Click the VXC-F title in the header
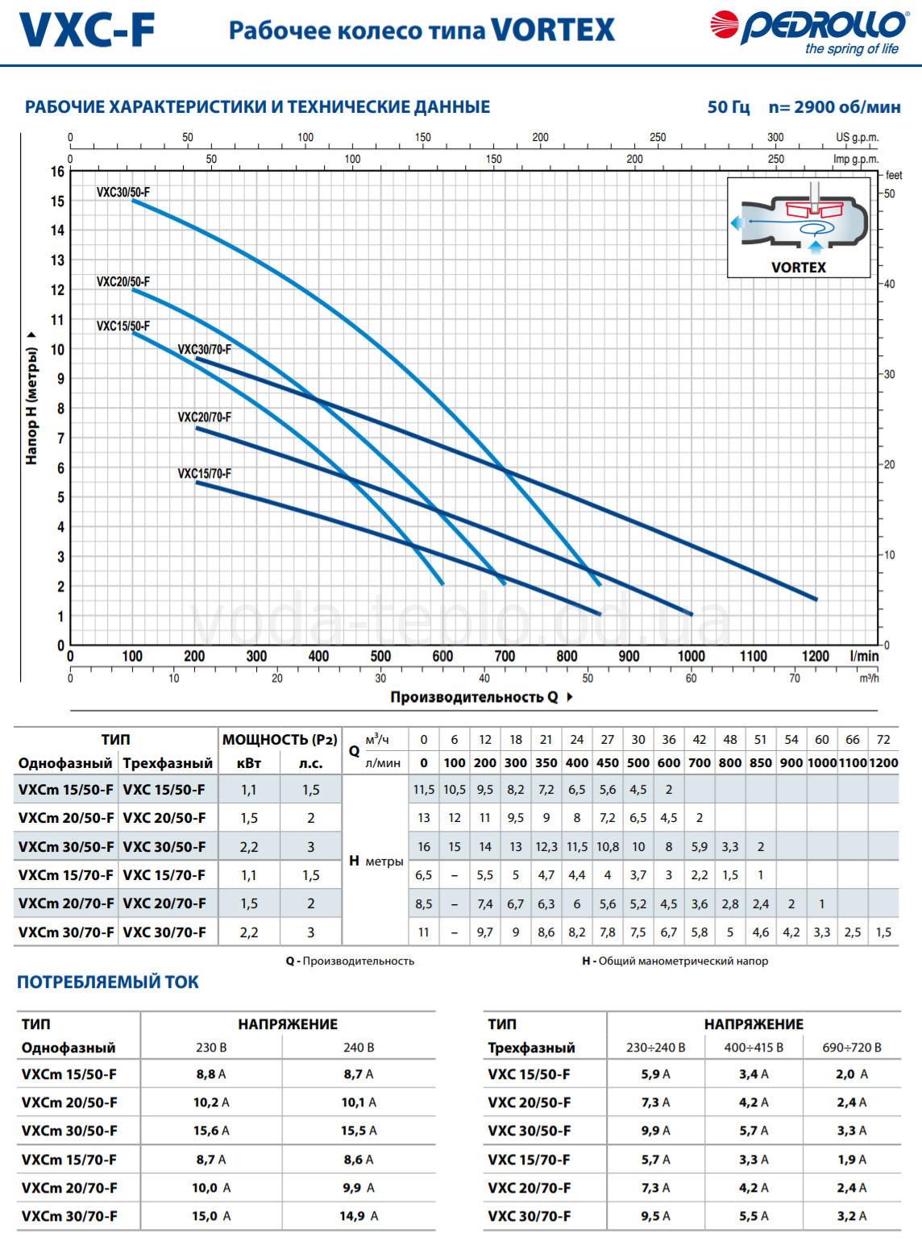click(87, 31)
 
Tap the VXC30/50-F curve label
click(123, 193)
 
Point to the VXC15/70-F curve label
click(205, 474)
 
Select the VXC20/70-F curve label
click(205, 417)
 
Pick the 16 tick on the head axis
click(57, 172)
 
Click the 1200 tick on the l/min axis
click(815, 656)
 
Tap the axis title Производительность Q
click(474, 697)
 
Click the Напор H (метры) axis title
click(31, 405)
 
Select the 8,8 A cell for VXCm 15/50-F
click(211, 1074)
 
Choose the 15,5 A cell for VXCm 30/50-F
click(359, 1131)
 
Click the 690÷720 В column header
click(852, 1048)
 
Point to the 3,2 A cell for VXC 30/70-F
click(852, 1216)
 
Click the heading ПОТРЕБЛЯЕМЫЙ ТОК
click(108, 982)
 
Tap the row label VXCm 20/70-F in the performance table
click(66, 904)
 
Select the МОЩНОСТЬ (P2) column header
click(280, 740)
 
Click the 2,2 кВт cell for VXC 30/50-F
click(249, 847)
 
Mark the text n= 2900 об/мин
click(834, 107)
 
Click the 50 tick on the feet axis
click(890, 193)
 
